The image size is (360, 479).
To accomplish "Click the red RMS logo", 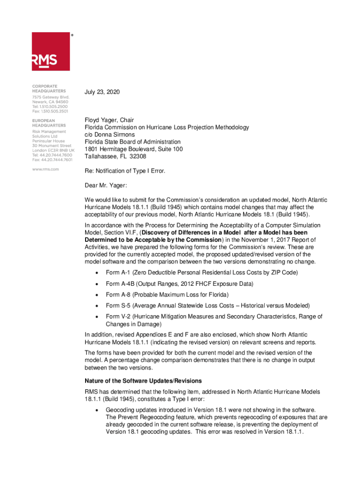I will coord(50,51).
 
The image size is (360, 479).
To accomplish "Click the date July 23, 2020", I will coord(102,92).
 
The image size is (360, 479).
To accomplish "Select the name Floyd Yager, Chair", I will coord(109,120).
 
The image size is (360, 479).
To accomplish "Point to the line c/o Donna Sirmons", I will coord(109,135).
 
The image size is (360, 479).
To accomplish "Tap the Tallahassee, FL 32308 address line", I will coord(115,156).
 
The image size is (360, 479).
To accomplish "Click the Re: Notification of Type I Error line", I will coord(125,171).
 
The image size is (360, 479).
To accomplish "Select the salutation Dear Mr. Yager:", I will coord(106,186).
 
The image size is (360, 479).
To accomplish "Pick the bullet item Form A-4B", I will coord(180,283).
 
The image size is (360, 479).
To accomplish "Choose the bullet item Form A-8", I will coord(167,295).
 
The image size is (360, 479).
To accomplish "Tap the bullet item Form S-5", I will coord(208,305).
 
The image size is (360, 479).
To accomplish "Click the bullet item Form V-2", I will coord(214,317).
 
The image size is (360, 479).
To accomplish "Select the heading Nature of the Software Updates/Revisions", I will coord(143,381).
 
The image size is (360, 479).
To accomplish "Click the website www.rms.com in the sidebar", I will coord(45,169).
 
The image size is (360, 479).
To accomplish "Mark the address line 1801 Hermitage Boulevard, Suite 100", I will coord(133,149).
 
